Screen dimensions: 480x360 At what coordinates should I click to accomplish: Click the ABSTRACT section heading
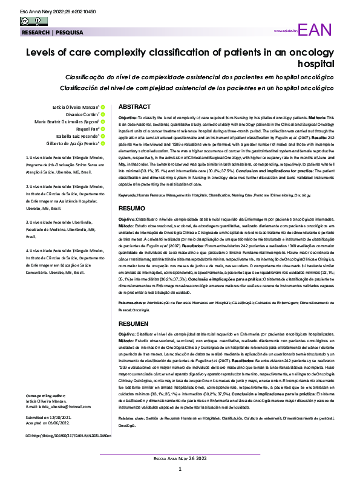pyautogui.click(x=134, y=106)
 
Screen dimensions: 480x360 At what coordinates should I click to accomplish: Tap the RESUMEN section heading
pyautogui.click(x=133, y=324)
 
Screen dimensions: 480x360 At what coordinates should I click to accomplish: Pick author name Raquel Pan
pyautogui.click(x=87, y=129)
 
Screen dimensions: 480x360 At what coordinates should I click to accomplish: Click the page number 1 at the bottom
pyautogui.click(x=180, y=469)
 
